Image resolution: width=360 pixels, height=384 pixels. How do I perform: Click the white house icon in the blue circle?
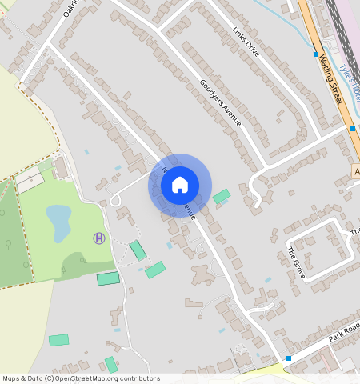tap(180, 185)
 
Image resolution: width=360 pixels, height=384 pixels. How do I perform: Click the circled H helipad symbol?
tap(98, 238)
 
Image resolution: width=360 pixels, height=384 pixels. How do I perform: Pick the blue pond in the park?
tap(58, 222)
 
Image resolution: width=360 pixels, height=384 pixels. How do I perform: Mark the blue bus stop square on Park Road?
tap(289, 358)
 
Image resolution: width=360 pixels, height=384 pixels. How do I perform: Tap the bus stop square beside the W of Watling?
tap(316, 54)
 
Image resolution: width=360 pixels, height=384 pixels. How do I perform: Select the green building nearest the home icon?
tap(221, 195)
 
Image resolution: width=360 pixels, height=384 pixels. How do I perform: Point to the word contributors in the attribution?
tap(135, 378)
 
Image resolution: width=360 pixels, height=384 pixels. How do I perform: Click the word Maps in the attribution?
tap(11, 378)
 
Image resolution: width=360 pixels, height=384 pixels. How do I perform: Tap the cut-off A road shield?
tap(356, 172)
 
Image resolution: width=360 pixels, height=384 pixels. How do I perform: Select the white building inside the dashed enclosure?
tap(30, 182)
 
